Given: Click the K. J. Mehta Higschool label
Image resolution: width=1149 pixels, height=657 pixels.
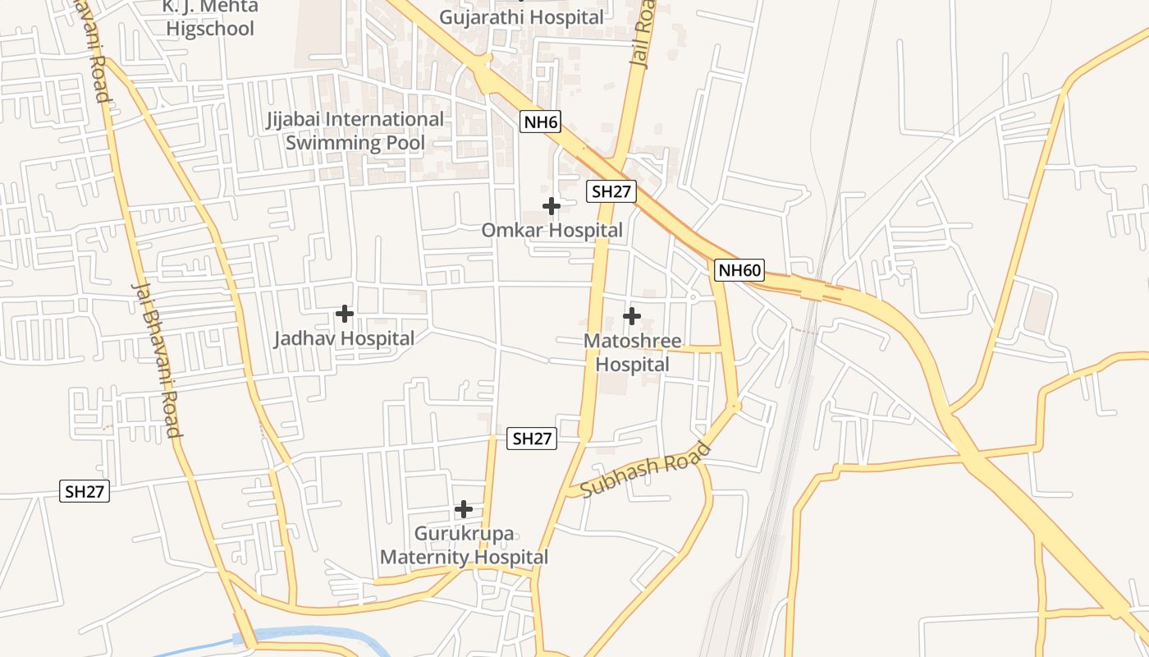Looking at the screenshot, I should tap(211, 17).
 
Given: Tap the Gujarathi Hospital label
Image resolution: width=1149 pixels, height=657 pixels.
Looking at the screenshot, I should tap(521, 16).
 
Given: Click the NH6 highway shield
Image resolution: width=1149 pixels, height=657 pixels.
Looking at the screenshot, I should tap(541, 123).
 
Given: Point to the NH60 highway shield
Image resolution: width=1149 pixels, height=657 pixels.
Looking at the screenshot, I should tap(739, 270).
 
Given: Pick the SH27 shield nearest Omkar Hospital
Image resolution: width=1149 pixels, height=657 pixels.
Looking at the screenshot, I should tap(611, 192).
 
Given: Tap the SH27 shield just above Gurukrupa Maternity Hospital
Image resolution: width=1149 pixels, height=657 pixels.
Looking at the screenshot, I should tap(532, 439).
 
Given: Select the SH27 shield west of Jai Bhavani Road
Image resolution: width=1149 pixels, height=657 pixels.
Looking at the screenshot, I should tap(85, 492).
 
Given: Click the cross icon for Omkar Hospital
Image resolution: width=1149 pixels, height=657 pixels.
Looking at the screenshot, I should tap(552, 206).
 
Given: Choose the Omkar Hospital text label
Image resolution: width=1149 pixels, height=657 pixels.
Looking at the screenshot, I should tap(552, 231).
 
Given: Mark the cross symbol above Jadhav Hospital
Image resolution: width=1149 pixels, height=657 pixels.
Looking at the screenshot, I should tap(345, 314).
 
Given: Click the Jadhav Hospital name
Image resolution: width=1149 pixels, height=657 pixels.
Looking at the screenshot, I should tap(344, 338).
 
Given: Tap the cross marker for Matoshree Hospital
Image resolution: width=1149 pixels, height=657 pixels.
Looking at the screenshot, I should tap(632, 315).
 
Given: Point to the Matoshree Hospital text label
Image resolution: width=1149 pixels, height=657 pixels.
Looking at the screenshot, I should tap(632, 352).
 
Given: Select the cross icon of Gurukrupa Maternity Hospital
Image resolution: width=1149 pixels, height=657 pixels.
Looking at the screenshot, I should tap(464, 509).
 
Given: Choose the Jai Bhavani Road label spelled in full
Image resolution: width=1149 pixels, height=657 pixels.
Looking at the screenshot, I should tap(157, 359).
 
